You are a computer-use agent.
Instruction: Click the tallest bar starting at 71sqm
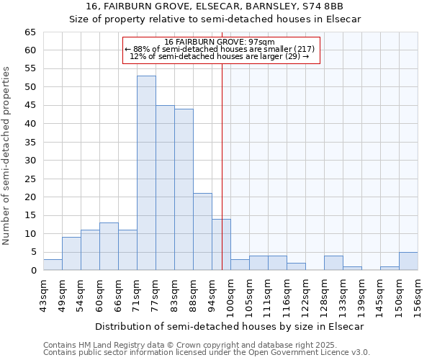click(x=146, y=173)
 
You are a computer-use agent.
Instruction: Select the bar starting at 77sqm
click(x=165, y=187)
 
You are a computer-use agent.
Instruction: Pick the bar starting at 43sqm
click(x=53, y=265)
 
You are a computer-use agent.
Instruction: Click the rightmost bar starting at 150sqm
click(x=408, y=261)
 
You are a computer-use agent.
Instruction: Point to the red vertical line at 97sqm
click(x=222, y=166)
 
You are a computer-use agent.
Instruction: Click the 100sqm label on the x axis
click(x=231, y=295)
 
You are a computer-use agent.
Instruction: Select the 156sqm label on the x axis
click(x=418, y=295)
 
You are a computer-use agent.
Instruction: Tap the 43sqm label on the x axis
click(x=44, y=295)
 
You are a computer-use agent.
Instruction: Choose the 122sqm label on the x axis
click(x=306, y=295)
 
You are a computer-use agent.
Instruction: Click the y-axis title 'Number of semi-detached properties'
click(x=7, y=156)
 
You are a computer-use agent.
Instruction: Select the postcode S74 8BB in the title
click(x=321, y=6)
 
